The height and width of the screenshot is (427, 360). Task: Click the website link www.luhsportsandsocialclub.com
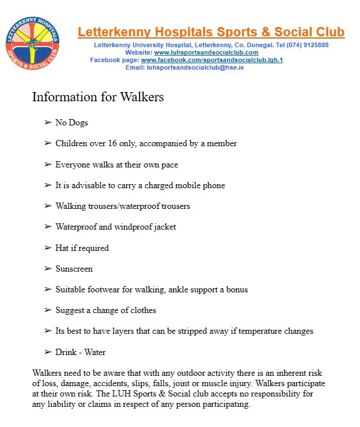(206, 52)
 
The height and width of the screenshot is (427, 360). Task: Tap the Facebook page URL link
(212, 60)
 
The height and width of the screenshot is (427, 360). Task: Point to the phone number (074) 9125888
(308, 45)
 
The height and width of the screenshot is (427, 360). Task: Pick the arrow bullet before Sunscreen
(48, 269)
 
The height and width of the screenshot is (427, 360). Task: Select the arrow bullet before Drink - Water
(48, 352)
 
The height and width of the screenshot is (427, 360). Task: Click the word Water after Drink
(94, 352)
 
